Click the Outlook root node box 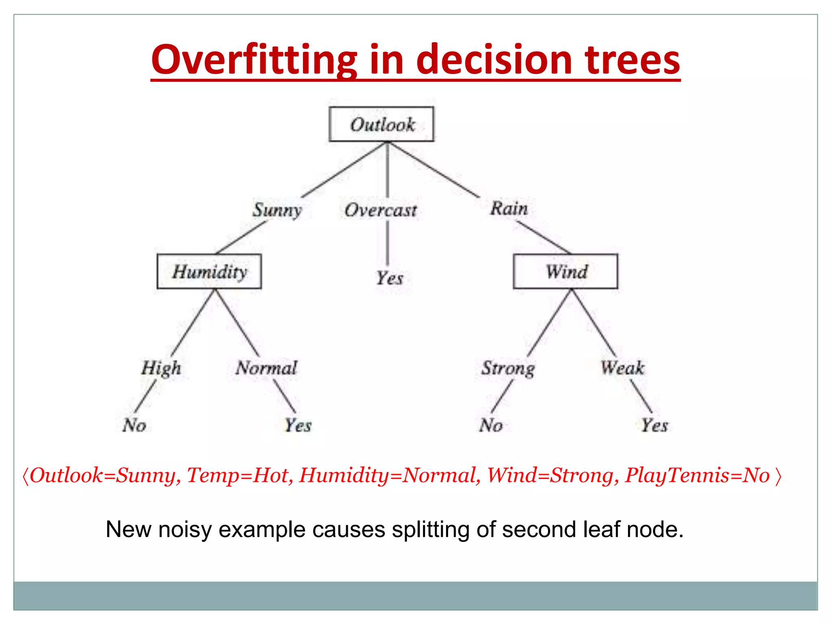(x=381, y=124)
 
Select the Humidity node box (x=209, y=271)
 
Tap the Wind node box (x=565, y=271)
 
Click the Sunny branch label (x=277, y=210)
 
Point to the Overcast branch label (x=381, y=210)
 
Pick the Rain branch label (x=509, y=209)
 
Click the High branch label (x=161, y=368)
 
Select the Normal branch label (x=266, y=368)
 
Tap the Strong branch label (x=508, y=368)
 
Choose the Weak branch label (x=622, y=368)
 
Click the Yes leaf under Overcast (x=389, y=278)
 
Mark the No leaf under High (x=134, y=425)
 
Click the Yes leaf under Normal (x=298, y=425)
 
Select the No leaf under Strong (x=491, y=425)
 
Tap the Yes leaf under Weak (x=654, y=425)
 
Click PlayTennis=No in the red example (x=697, y=475)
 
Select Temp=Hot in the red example (x=237, y=475)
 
